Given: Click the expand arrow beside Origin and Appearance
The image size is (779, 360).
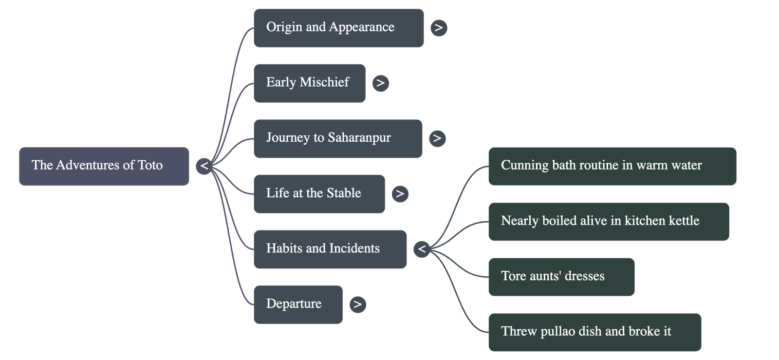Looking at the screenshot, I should click(439, 28).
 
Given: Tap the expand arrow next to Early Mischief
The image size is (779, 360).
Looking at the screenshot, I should click(380, 83).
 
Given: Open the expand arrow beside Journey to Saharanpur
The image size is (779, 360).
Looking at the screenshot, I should click(437, 138).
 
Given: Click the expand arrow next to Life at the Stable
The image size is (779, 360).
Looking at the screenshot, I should click(400, 194).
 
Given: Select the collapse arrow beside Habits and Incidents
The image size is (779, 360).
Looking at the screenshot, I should click(422, 249).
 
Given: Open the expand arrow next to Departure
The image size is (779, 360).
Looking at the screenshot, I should click(358, 304).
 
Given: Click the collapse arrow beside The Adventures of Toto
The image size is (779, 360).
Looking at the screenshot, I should click(204, 167).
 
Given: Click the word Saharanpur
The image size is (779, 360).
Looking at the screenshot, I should click(359, 138).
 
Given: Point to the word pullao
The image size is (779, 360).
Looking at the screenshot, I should click(556, 332).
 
